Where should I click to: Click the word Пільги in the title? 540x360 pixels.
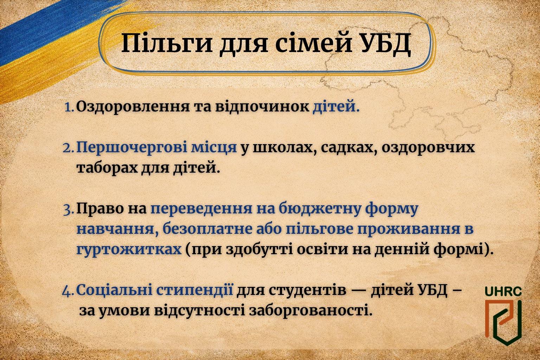click(x=167, y=43)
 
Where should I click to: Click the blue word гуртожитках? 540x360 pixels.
click(x=129, y=249)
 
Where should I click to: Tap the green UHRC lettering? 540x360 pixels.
click(x=503, y=291)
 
